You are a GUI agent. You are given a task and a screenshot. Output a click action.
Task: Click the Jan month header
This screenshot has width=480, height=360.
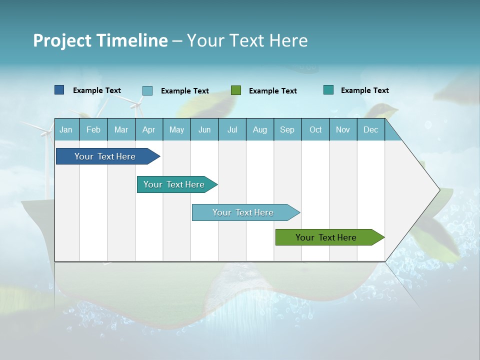click(x=66, y=129)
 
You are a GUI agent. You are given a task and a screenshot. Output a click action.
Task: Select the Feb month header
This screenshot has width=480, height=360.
click(x=93, y=129)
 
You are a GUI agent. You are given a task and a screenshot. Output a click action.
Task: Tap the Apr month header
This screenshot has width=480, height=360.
click(x=149, y=129)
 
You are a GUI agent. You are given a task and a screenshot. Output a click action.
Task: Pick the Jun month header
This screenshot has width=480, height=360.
click(x=204, y=129)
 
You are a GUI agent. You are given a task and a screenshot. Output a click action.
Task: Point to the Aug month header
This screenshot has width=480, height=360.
click(x=260, y=129)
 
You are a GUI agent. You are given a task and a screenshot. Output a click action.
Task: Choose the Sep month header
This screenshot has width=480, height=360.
click(x=287, y=129)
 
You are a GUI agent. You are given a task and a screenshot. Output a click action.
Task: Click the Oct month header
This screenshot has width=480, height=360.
click(x=315, y=129)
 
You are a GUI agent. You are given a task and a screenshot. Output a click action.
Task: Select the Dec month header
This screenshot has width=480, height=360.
click(x=371, y=129)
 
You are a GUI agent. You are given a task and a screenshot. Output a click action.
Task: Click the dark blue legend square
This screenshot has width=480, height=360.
click(x=59, y=90)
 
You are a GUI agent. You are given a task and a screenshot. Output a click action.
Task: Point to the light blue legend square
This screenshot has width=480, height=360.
click(x=147, y=90)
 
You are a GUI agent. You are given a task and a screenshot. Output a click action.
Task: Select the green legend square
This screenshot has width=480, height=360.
click(x=236, y=90)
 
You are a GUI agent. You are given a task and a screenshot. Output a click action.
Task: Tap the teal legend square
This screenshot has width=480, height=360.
click(x=328, y=90)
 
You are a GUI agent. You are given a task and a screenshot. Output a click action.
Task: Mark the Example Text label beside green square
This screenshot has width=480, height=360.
click(x=273, y=91)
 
